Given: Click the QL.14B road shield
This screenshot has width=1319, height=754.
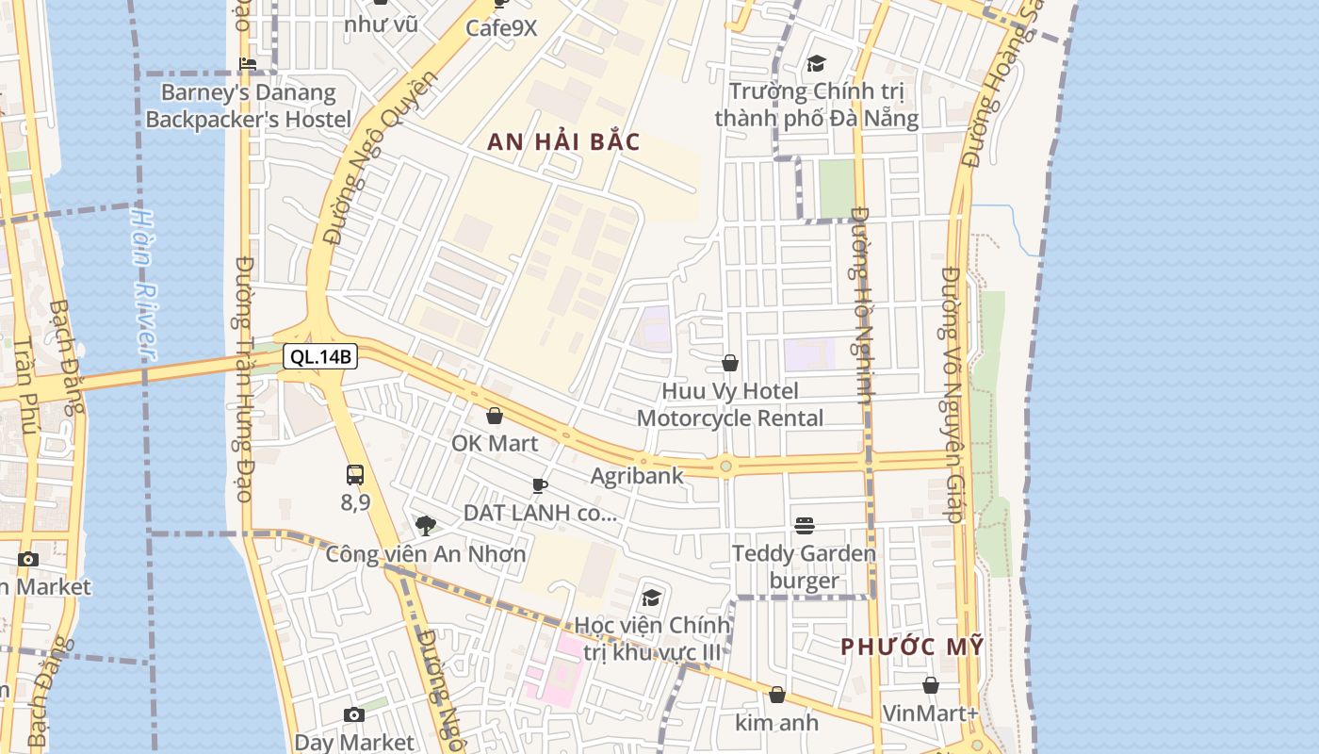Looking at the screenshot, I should click(x=320, y=356).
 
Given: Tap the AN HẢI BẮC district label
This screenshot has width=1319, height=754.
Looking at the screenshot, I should click(x=563, y=142).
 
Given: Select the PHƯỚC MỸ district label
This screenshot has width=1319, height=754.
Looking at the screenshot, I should click(x=912, y=647).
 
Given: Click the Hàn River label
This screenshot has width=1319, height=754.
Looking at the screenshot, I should click(x=143, y=283).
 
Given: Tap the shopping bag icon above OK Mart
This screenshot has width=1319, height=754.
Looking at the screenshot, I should click(x=495, y=416).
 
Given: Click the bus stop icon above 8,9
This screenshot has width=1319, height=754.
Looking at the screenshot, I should click(x=355, y=475).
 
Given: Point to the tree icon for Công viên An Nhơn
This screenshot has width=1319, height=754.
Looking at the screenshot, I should click(x=426, y=526).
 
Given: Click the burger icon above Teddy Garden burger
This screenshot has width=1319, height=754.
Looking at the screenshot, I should click(x=804, y=525).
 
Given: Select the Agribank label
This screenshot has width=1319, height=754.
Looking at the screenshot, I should click(x=637, y=476).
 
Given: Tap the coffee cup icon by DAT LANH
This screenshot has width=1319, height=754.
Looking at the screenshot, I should click(x=540, y=485).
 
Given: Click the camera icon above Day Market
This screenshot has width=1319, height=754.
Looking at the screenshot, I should click(x=354, y=715).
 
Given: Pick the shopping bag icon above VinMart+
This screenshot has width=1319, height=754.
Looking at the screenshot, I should click(x=931, y=685).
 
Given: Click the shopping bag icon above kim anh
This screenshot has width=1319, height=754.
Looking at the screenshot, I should click(x=777, y=695).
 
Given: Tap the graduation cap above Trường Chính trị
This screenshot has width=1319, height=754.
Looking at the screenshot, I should click(x=816, y=63).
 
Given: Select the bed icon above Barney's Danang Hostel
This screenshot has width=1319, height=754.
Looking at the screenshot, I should click(x=248, y=64).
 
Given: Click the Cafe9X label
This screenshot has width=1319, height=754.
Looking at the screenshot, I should click(x=501, y=28).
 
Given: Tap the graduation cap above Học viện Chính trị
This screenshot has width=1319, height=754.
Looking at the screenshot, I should click(x=651, y=598).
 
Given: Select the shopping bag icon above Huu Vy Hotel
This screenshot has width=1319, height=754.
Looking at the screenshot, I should click(x=730, y=363).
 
